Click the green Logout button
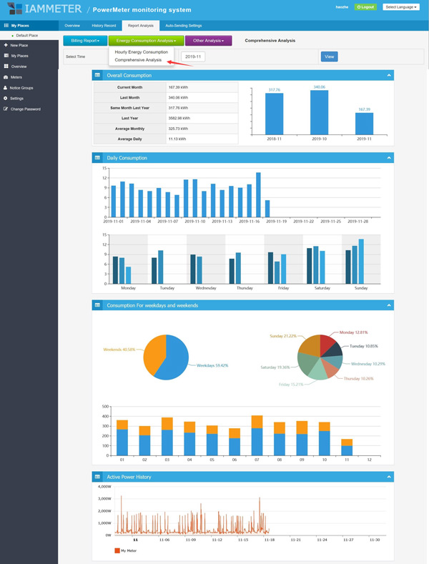(365, 6)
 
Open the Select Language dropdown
(401, 6)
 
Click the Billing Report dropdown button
(85, 41)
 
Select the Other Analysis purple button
(208, 41)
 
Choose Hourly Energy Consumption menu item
(141, 52)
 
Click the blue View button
(329, 56)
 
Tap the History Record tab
(104, 25)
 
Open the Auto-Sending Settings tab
(183, 25)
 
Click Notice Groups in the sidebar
(21, 87)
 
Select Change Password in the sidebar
(25, 109)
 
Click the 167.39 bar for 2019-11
(365, 123)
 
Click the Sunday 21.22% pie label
(282, 335)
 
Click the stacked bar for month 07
(257, 435)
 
